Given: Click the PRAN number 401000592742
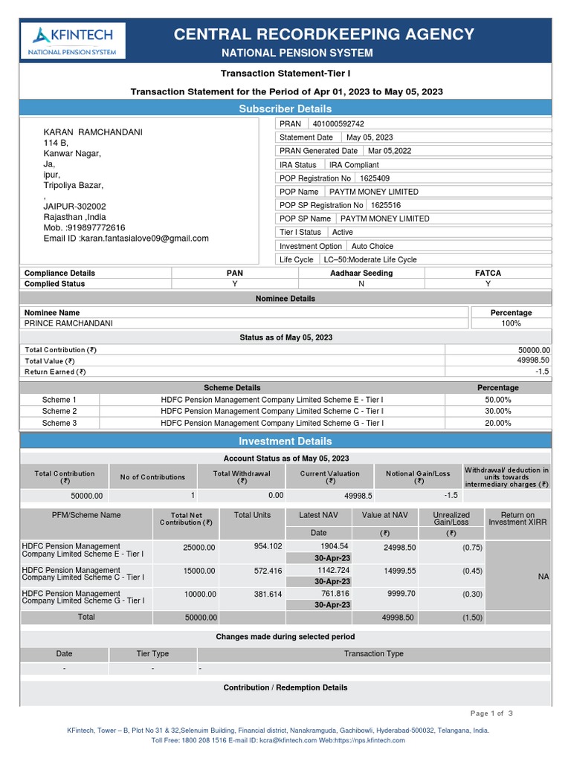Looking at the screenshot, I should [x=338, y=124].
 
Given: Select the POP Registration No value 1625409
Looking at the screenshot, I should [x=374, y=178].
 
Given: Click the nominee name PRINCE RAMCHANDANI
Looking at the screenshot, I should [x=68, y=323].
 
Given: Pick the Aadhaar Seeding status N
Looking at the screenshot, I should [x=361, y=283].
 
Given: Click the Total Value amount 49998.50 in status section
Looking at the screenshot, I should [x=533, y=360].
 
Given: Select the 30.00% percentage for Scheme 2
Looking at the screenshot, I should [x=497, y=411].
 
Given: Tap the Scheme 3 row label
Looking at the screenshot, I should [x=59, y=423].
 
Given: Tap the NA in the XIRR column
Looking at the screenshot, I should [x=543, y=576].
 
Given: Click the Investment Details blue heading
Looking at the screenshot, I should [x=285, y=441].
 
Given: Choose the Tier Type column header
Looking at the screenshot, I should [x=152, y=654].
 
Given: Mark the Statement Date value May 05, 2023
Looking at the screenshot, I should [x=370, y=137].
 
